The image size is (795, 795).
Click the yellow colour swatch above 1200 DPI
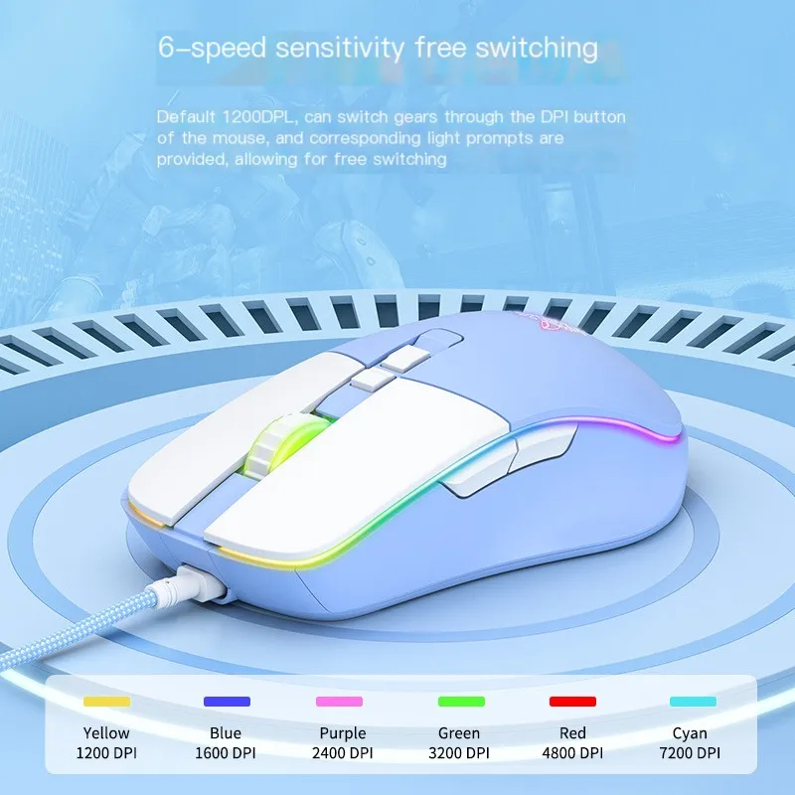pyautogui.click(x=106, y=702)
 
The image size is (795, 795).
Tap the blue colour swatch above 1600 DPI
pyautogui.click(x=227, y=702)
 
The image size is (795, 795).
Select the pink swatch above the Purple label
pyautogui.click(x=339, y=702)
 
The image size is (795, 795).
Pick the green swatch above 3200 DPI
pyautogui.click(x=461, y=702)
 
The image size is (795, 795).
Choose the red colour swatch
pyautogui.click(x=573, y=702)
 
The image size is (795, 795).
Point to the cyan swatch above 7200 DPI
pyautogui.click(x=693, y=702)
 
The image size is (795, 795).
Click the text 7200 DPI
pyautogui.click(x=690, y=753)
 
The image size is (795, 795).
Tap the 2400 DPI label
pyautogui.click(x=342, y=753)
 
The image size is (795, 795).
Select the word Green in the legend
pyautogui.click(x=459, y=733)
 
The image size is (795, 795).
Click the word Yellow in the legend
pyautogui.click(x=106, y=733)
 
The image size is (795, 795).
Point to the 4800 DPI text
pyautogui.click(x=572, y=753)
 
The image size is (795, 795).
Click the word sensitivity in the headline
pyautogui.click(x=340, y=48)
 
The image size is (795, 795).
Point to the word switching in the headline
pyautogui.click(x=537, y=49)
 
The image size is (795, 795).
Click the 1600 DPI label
pyautogui.click(x=226, y=753)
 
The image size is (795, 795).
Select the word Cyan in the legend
pyautogui.click(x=690, y=733)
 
